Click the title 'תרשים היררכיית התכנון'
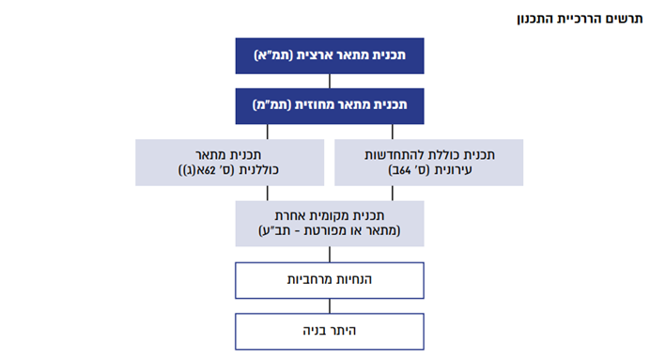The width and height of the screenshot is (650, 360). click(x=580, y=19)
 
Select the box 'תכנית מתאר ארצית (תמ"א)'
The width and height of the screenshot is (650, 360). click(x=330, y=56)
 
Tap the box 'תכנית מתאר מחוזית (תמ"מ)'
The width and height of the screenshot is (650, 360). click(x=330, y=106)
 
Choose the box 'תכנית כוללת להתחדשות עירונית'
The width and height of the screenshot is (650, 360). click(x=428, y=163)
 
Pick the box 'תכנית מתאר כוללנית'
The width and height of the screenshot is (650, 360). click(x=229, y=163)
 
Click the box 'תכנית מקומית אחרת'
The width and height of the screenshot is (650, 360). click(x=330, y=224)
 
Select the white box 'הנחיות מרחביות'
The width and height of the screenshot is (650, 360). click(x=330, y=280)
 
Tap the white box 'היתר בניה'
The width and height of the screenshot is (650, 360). click(x=330, y=332)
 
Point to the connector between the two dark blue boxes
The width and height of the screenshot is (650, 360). click(x=330, y=81)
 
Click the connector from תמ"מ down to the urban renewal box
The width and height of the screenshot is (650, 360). click(x=392, y=132)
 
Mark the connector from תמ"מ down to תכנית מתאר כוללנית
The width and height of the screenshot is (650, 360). click(x=268, y=132)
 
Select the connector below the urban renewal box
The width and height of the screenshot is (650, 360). click(x=392, y=194)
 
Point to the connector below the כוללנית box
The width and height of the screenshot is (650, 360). click(x=268, y=194)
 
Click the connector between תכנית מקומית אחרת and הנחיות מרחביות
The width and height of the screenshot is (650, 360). click(x=330, y=254)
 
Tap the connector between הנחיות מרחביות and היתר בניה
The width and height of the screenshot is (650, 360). click(x=330, y=306)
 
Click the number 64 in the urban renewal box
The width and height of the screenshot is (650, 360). click(x=405, y=170)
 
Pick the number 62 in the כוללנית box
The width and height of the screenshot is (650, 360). click(x=209, y=170)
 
